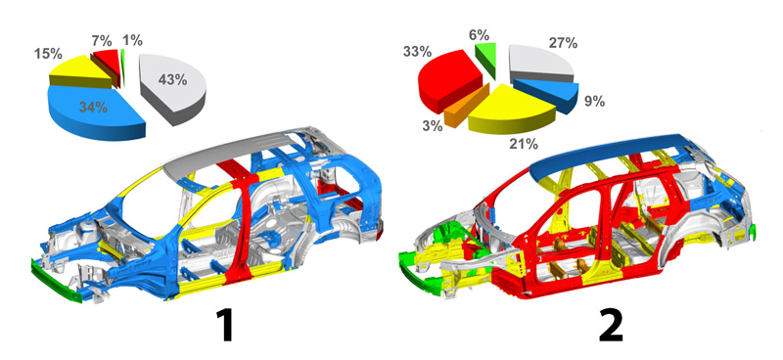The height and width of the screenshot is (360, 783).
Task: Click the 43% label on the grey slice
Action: point(172,80)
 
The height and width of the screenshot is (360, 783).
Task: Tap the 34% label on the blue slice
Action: point(93,107)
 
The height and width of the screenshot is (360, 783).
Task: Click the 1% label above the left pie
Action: point(133,39)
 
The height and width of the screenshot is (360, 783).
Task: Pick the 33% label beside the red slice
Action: point(418,53)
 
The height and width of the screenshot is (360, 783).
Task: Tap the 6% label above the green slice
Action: point(480,35)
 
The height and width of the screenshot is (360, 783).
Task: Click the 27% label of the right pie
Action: point(564,43)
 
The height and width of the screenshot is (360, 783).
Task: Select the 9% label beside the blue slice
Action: point(595,102)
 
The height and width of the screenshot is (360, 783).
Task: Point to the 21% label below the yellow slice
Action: point(524,145)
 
